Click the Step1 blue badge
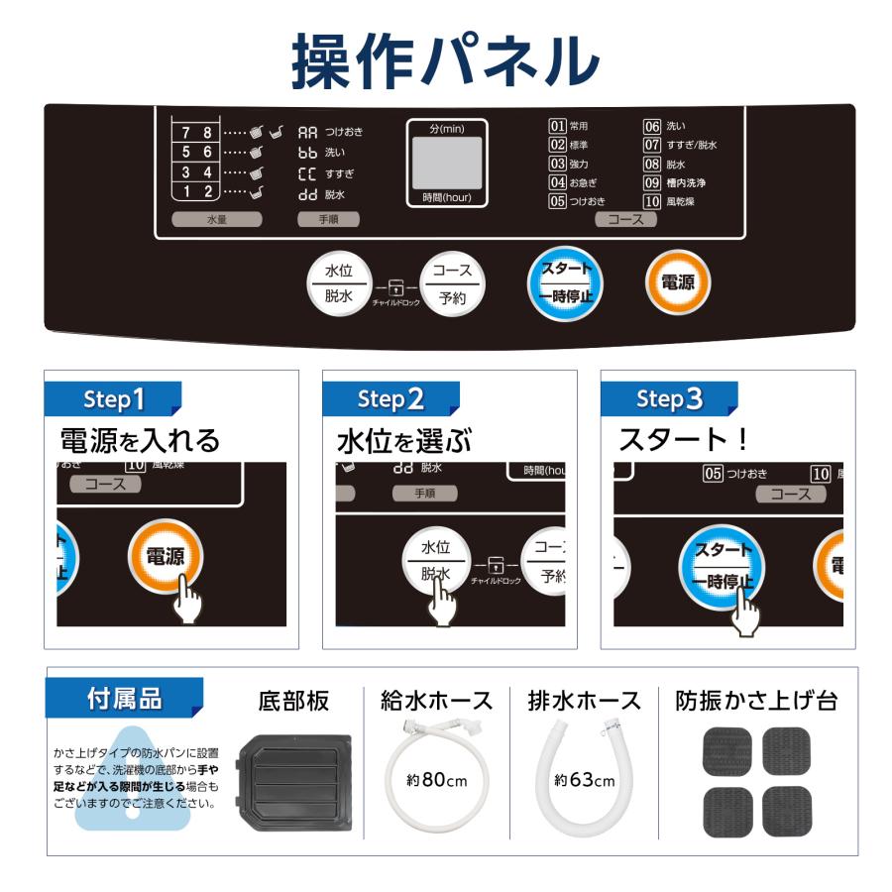point(114,398)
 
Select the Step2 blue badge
point(391,398)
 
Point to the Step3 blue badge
point(670,398)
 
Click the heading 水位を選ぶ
point(404,439)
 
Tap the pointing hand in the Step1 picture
point(185,598)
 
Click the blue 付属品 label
point(124,698)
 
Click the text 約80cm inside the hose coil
point(436,779)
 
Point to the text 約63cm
point(585,780)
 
